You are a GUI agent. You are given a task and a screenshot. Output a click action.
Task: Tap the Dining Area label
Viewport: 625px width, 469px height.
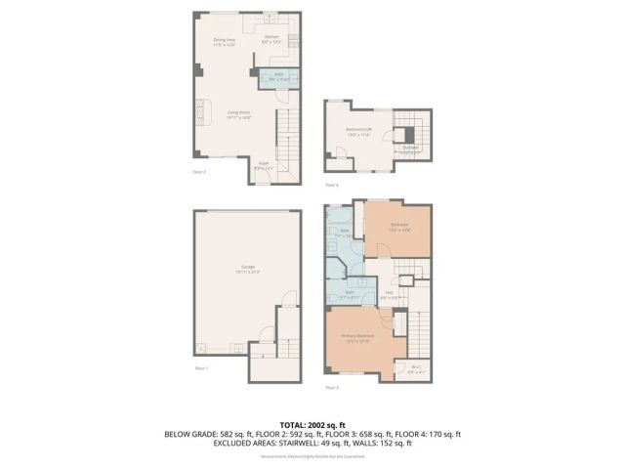pos(227,42)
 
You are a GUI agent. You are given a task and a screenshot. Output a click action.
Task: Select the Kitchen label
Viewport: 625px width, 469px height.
pos(271,39)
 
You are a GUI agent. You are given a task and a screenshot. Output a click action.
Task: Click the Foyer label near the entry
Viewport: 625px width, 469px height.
pos(264,166)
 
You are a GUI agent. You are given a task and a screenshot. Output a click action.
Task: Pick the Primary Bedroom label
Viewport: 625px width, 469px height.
pos(357,338)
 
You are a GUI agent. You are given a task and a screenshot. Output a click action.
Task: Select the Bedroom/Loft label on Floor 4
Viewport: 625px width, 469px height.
pos(360,132)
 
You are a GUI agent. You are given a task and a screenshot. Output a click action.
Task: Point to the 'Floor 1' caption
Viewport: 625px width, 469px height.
pos(200,368)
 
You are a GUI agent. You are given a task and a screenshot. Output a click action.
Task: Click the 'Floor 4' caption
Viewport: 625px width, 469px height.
pos(332,185)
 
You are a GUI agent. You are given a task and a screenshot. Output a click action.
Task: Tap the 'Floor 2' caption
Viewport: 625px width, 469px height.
pos(198,171)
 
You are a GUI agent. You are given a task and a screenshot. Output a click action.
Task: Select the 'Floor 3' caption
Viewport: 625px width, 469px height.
pos(332,388)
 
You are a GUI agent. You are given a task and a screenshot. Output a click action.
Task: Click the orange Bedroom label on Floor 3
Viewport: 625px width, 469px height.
pos(399,226)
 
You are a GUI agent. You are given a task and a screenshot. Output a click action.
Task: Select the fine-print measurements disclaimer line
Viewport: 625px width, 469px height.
pos(312,453)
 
